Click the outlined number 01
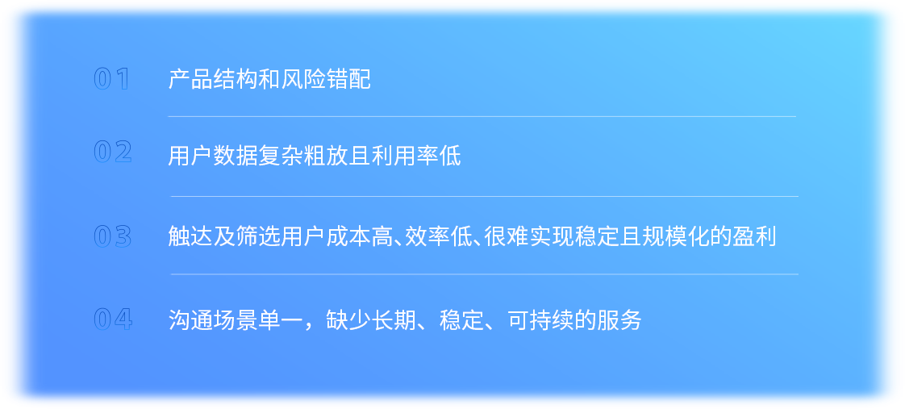point(112,79)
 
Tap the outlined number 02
point(113,152)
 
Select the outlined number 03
point(113,237)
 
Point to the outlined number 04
point(113,319)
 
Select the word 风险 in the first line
point(303,80)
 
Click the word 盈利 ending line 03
point(754,237)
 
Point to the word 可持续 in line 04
point(541,319)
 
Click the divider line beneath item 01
point(482,116)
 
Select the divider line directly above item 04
point(485,274)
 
